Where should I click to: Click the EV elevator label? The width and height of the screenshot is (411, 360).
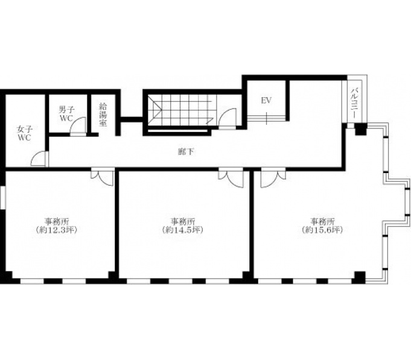pyautogui.click(x=266, y=101)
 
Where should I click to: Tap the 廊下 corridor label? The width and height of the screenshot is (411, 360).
pyautogui.click(x=186, y=151)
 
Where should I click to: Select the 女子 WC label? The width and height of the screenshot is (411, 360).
pyautogui.click(x=24, y=133)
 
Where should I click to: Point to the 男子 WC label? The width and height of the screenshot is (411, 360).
pyautogui.click(x=66, y=113)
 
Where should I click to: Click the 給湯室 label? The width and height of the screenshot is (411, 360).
pyautogui.click(x=103, y=115)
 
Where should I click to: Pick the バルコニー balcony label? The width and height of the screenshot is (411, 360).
pyautogui.click(x=354, y=104)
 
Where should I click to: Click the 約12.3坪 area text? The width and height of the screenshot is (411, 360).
pyautogui.click(x=57, y=230)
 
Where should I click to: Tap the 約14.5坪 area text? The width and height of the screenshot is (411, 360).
pyautogui.click(x=183, y=230)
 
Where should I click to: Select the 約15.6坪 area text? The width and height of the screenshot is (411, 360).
pyautogui.click(x=322, y=230)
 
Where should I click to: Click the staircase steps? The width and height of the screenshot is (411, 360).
pyautogui.click(x=181, y=110)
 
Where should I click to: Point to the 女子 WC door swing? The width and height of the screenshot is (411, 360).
pyautogui.click(x=39, y=159)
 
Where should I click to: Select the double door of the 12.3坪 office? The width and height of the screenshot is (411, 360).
pyautogui.click(x=103, y=178)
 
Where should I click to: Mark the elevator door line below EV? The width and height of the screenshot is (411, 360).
pyautogui.click(x=266, y=118)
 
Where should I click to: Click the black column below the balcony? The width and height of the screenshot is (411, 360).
pyautogui.click(x=361, y=129)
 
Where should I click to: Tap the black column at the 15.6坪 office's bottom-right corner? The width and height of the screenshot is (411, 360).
pyautogui.click(x=360, y=277)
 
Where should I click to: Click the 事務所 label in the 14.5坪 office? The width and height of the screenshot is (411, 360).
pyautogui.click(x=183, y=221)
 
